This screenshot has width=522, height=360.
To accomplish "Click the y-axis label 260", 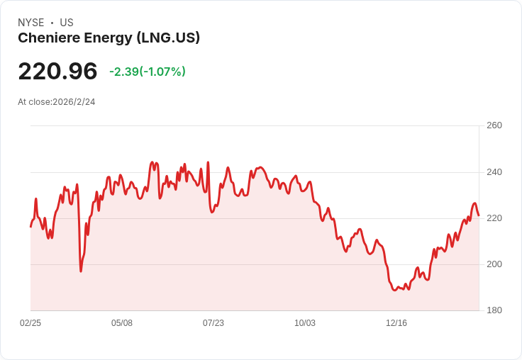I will click(x=494, y=125).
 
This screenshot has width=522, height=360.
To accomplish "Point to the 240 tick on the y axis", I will click(x=494, y=172).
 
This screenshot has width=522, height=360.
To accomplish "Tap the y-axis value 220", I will click(x=494, y=218).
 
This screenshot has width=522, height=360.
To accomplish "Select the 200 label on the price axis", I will click(x=494, y=264).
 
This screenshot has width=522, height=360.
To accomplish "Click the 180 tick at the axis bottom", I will click(x=494, y=310).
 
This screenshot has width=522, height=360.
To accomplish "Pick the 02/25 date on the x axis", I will click(x=30, y=323).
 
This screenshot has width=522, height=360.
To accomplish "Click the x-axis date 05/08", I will click(x=122, y=323).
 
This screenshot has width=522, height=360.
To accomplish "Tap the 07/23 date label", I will click(x=213, y=323).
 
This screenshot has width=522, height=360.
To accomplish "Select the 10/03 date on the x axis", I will click(x=305, y=323).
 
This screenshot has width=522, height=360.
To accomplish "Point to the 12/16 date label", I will click(x=396, y=323).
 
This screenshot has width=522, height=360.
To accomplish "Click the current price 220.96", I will click(x=57, y=72).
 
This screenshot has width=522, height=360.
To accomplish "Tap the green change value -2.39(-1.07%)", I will click(x=148, y=72).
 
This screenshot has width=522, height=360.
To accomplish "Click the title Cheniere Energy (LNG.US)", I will click(x=109, y=38).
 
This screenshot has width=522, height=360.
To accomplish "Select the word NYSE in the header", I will click(x=30, y=23).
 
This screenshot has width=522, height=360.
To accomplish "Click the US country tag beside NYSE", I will click(x=67, y=23).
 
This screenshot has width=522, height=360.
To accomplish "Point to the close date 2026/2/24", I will click(x=74, y=102).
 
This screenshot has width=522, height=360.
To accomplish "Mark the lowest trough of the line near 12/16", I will click(x=395, y=290).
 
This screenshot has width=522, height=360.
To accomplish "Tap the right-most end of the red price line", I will click(x=479, y=215).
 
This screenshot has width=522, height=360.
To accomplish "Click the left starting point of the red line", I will click(x=30, y=227).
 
